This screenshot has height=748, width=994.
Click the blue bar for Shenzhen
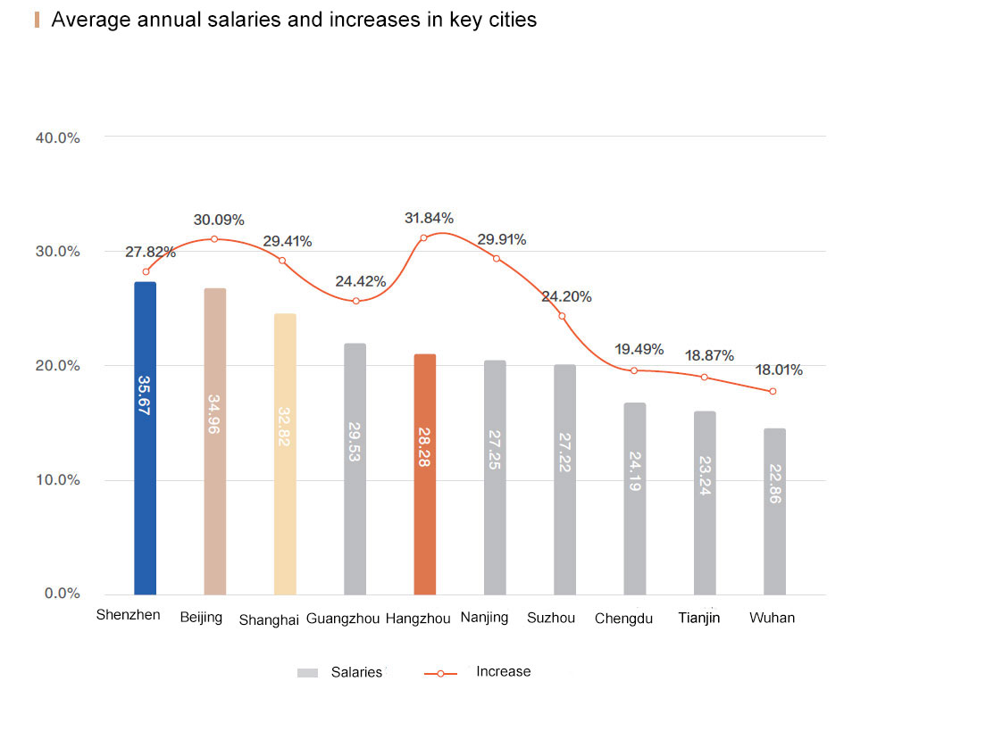click(x=145, y=437)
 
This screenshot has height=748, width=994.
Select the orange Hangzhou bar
click(x=425, y=473)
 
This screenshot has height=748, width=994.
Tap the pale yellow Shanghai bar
click(x=285, y=453)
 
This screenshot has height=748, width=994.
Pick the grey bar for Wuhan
click(x=774, y=511)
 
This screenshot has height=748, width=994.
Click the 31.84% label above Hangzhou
click(x=429, y=218)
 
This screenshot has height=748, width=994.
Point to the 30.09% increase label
click(x=219, y=220)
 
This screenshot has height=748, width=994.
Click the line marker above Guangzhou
click(x=355, y=301)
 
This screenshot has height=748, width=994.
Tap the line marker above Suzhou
click(x=562, y=316)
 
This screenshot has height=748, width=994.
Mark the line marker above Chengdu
click(x=634, y=370)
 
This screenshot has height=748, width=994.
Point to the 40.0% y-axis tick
click(x=58, y=137)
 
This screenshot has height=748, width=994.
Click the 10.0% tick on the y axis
click(x=58, y=480)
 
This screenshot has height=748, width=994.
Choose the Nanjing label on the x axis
click(x=484, y=617)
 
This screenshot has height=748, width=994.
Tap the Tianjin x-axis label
click(x=699, y=618)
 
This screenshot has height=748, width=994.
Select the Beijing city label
click(x=201, y=618)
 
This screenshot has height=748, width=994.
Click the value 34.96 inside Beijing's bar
click(x=214, y=414)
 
